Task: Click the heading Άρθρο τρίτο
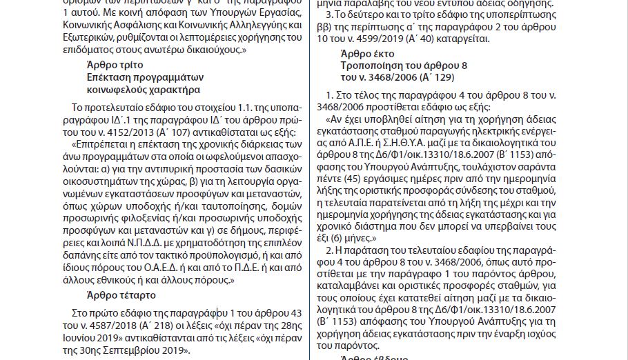[x=111, y=64]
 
